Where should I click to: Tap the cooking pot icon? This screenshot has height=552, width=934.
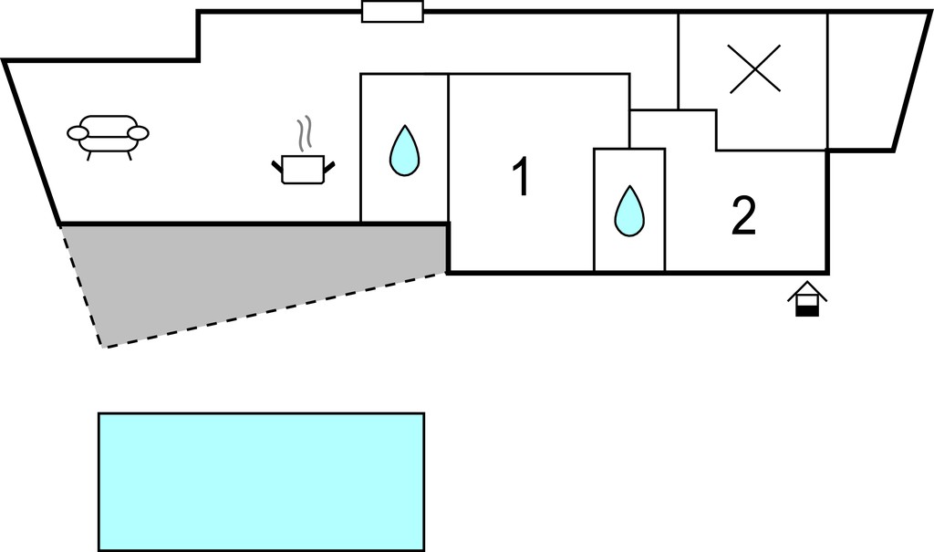coord(303,170)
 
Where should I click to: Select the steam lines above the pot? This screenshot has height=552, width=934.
coord(305,133)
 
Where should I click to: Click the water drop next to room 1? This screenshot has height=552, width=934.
coord(404,151)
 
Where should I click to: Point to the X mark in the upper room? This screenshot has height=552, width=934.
coord(754,69)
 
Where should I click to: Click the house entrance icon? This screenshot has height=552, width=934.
coord(807,298)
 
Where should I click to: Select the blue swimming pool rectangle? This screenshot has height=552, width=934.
coord(262,482)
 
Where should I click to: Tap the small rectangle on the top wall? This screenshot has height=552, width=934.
coord(392,11)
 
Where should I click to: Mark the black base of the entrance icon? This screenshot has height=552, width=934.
coord(807,310)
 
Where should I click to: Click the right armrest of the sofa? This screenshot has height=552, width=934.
coord(139,133)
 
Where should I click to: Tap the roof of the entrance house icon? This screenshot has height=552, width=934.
coord(807,290)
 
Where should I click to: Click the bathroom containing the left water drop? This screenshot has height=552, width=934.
coord(404,148)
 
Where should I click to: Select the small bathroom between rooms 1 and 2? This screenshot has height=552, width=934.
coord(629,210)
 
